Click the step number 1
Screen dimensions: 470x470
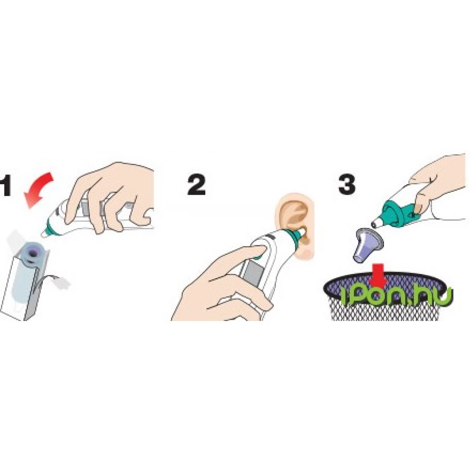(5, 186)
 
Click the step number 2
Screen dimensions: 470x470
(196, 185)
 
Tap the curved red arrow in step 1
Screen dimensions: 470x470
(39, 189)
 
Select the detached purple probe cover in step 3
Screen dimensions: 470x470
(368, 245)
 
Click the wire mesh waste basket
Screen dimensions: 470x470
(384, 297)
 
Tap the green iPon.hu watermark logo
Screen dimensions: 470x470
(397, 296)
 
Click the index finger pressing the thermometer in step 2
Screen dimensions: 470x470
(234, 257)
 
